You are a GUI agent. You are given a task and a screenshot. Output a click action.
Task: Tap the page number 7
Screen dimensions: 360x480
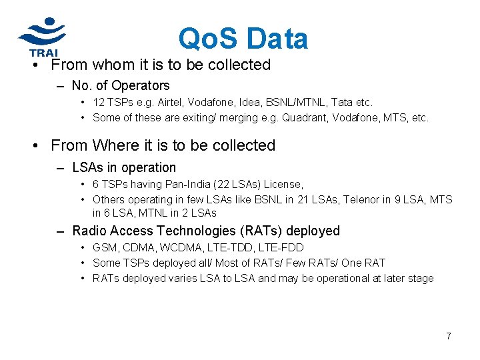coord(449,336)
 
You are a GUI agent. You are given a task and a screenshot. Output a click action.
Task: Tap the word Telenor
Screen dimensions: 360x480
coord(363,199)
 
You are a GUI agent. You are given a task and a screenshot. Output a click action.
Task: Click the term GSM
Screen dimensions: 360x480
coord(105,248)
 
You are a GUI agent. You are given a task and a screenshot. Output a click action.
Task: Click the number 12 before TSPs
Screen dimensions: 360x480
coord(99,103)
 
